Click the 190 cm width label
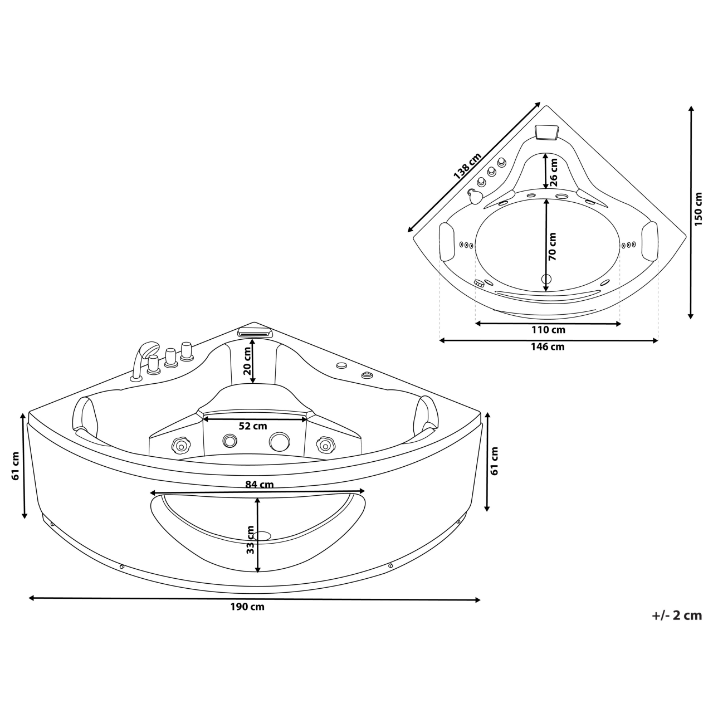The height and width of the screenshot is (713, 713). [x=247, y=607]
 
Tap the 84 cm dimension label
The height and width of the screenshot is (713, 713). [x=260, y=485]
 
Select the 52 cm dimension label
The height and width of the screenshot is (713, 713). [x=253, y=426]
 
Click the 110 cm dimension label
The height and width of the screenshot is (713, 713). [x=548, y=330]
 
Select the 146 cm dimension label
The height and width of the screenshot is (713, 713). [x=548, y=346]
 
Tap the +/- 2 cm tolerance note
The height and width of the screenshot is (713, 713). [x=677, y=616]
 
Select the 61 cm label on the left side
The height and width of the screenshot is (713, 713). [x=16, y=466]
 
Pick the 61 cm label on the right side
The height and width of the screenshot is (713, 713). [x=495, y=461]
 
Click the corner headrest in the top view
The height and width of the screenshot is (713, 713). [x=546, y=133]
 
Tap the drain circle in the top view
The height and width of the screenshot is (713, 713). [x=546, y=280]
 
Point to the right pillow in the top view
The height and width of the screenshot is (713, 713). [x=649, y=241]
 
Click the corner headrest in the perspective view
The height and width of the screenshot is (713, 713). [x=254, y=332]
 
